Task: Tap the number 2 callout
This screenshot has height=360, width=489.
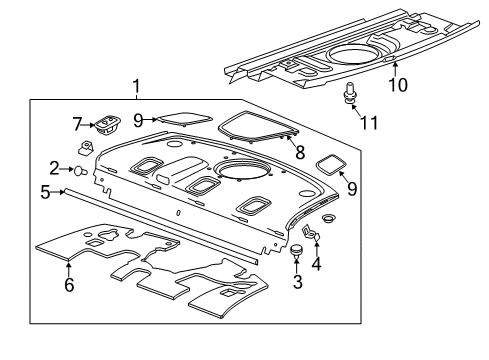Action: pyautogui.click(x=56, y=169)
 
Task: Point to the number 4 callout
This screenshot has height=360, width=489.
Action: pyautogui.click(x=316, y=265)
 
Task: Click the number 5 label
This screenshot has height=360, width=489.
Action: pyautogui.click(x=45, y=191)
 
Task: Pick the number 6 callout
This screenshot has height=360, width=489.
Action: pyautogui.click(x=68, y=286)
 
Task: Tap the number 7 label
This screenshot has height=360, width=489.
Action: pyautogui.click(x=75, y=124)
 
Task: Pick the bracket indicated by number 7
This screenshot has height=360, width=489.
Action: pyautogui.click(x=105, y=125)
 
